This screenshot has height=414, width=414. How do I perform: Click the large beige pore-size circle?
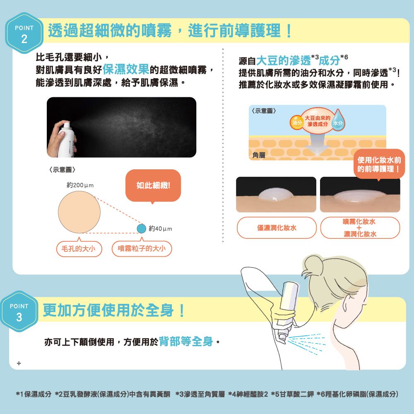(79, 212)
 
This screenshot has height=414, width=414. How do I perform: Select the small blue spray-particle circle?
(142, 228)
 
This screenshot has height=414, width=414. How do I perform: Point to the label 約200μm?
(80, 185)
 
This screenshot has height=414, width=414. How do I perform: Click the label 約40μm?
(160, 229)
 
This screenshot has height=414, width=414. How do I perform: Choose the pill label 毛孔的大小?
(79, 248)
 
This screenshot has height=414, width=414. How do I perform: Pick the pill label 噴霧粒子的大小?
(142, 248)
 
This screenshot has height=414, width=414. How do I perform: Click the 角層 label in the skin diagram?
(258, 154)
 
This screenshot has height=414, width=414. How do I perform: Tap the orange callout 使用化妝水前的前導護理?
(379, 164)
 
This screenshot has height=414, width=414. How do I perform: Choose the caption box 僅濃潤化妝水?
(277, 228)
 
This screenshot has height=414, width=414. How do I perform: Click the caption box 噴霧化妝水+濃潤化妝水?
(360, 228)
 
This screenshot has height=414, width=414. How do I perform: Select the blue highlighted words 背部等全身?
(186, 342)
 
